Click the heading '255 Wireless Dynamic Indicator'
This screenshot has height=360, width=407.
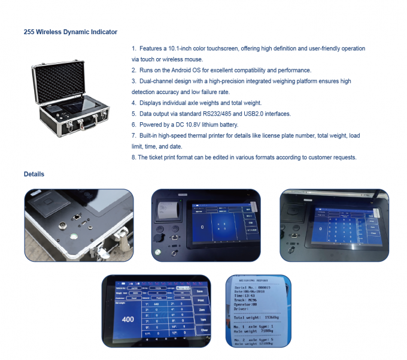pos(71,32)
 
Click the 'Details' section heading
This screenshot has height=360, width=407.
pos(34,174)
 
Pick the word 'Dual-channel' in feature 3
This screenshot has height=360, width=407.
pos(154,81)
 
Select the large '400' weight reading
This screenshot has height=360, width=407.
pos(127,319)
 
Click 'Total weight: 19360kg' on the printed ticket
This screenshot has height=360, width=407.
pos(257,317)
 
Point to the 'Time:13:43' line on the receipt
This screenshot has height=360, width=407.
pos(245,296)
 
